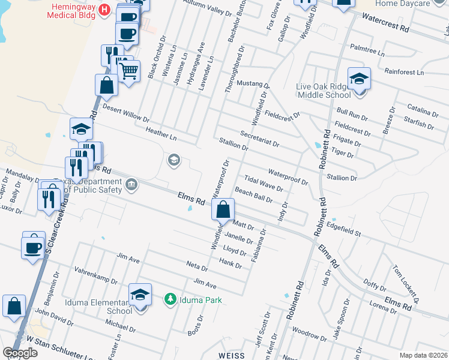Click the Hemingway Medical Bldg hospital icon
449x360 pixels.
click(105, 10)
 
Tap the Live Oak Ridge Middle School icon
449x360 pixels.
click(359, 79)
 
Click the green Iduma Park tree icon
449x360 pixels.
click(171, 299)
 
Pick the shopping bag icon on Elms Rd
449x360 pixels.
click(223, 210)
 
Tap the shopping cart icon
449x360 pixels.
click(128, 71)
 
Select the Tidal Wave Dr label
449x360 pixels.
click(264, 183)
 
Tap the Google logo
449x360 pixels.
click(20, 353)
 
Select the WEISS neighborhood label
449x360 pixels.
click(232, 355)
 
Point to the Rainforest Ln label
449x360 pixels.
click(404, 72)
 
